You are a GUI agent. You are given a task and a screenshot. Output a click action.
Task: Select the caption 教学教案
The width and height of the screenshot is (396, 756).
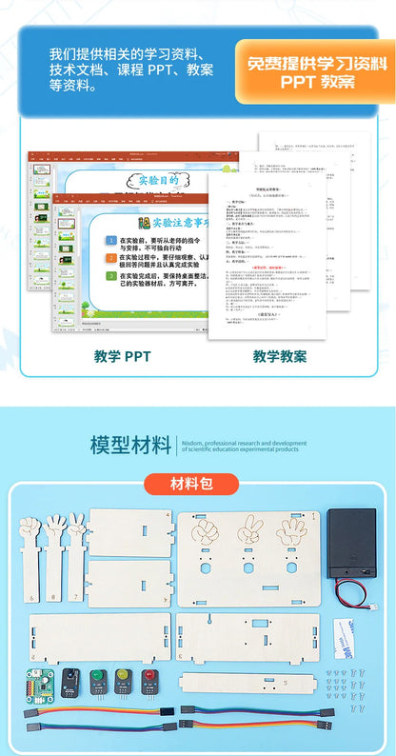pyautogui.click(x=280, y=357)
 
